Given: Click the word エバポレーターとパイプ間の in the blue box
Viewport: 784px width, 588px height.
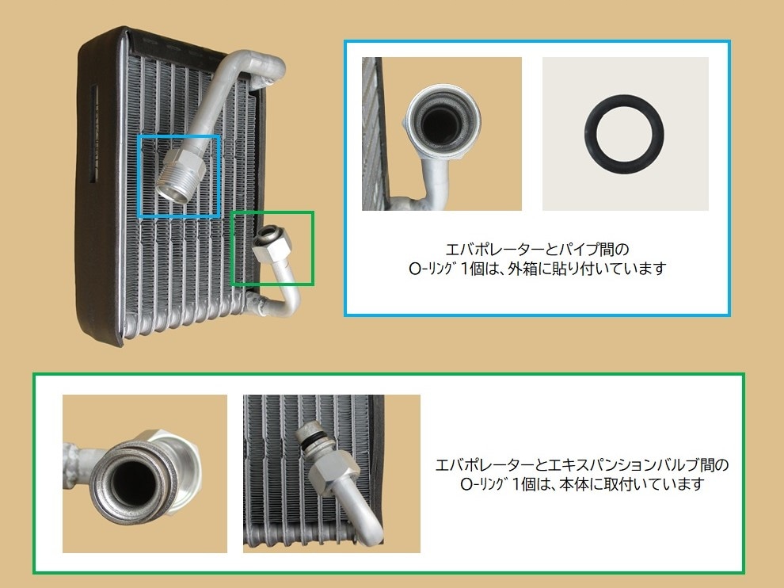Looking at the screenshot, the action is click(x=537, y=249).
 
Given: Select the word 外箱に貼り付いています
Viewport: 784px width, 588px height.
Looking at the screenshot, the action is click(x=587, y=269).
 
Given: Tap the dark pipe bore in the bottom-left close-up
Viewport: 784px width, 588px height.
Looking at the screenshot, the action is click(x=134, y=482).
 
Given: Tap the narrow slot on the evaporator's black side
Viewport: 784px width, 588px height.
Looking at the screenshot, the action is click(x=93, y=132).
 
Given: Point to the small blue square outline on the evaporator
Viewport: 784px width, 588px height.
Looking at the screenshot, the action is click(x=139, y=176).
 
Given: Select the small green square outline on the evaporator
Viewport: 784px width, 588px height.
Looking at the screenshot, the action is click(x=232, y=249).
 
